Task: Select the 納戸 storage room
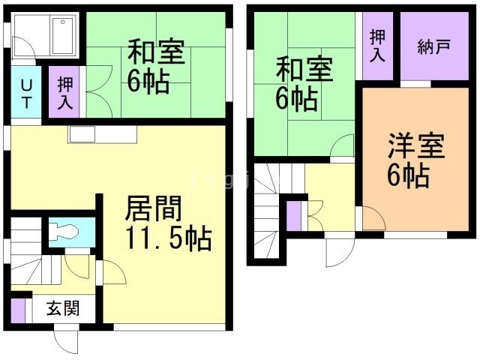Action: [433, 47]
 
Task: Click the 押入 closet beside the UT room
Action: [64, 91]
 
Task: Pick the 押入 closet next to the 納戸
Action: [376, 46]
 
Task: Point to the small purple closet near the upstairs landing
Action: [294, 216]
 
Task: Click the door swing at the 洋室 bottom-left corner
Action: [373, 218]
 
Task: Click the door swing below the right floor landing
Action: [335, 252]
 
